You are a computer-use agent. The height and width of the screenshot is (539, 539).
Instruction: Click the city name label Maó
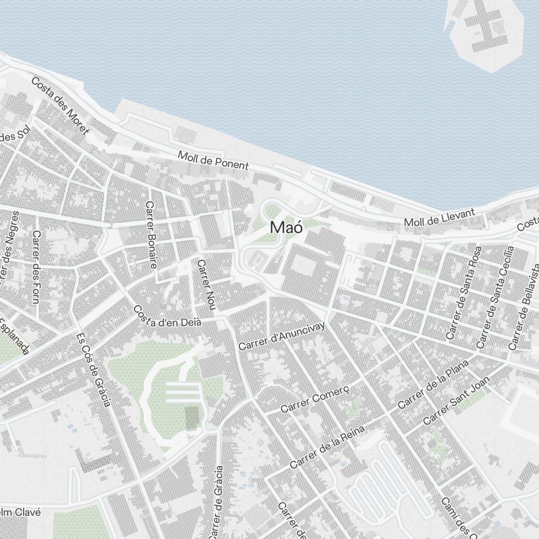point(286,227)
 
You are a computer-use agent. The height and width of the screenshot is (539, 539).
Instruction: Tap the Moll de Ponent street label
point(213,160)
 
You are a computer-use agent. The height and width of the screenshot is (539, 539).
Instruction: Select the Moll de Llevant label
point(440,217)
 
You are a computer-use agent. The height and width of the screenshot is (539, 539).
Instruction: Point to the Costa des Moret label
point(60,106)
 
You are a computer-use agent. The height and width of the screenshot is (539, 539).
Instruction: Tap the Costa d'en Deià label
point(167,316)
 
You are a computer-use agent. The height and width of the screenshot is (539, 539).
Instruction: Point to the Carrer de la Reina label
point(327,446)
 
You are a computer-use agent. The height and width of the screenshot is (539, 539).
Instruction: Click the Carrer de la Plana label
point(433,385)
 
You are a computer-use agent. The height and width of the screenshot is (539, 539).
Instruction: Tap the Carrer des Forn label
point(36,266)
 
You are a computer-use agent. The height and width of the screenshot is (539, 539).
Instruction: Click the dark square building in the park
point(192,418)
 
